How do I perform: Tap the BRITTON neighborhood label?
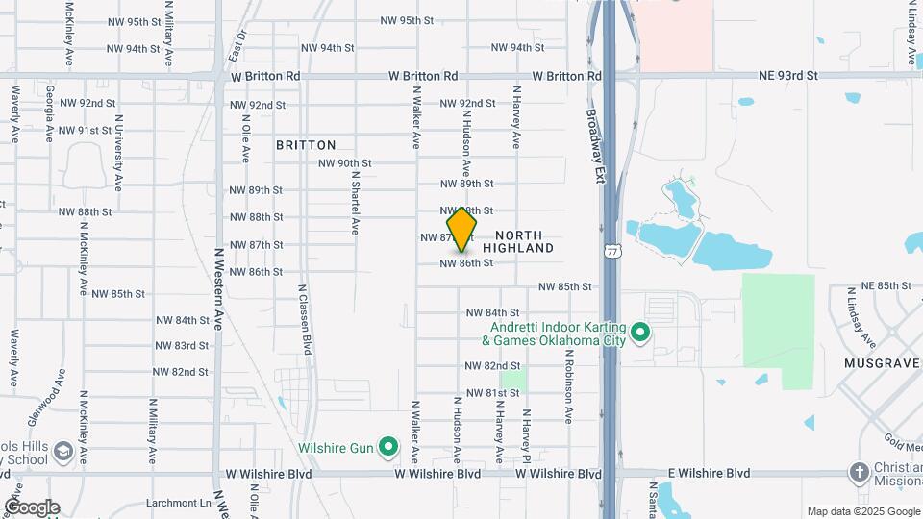coord(306,145)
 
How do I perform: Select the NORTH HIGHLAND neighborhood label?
coord(518,241)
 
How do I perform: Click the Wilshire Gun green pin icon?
coord(388,447)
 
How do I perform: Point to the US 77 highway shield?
coord(612,251)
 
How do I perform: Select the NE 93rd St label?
coord(787,75)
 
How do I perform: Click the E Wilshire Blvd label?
coord(711,473)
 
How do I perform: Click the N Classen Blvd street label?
coord(307,318)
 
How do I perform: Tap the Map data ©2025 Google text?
coord(862,511)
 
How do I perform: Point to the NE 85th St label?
coord(886,285)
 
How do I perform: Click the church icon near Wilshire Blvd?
coord(859,472)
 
